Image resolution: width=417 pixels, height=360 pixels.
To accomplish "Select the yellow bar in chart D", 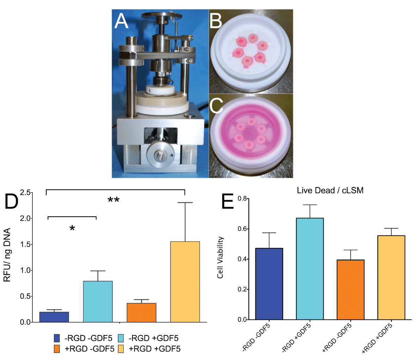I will click(185, 281).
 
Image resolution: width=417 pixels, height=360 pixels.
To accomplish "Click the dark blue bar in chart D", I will click(54, 317).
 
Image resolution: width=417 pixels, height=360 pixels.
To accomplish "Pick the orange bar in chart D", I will click(141, 312).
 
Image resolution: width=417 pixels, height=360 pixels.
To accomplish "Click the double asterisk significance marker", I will click(113, 200).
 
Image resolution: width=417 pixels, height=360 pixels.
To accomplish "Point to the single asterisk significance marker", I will click(72, 228).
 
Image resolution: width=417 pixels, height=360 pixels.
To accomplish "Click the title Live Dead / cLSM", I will click(330, 191).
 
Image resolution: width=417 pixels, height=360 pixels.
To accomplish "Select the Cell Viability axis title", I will click(220, 257).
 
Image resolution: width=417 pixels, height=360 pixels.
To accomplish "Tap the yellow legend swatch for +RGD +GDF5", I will click(122, 349).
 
